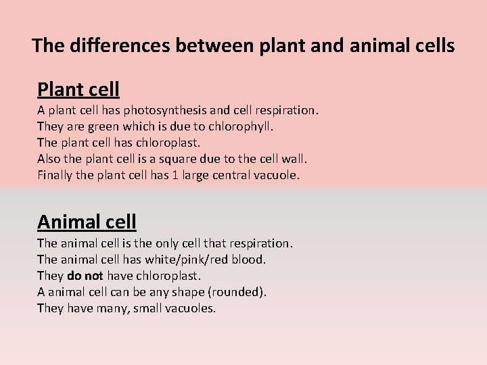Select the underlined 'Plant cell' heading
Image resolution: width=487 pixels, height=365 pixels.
click(78, 89)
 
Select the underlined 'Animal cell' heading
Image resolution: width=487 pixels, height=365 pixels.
click(87, 222)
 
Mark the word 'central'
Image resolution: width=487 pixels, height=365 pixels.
click(233, 176)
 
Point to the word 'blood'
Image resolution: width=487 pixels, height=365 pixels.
click(250, 259)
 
